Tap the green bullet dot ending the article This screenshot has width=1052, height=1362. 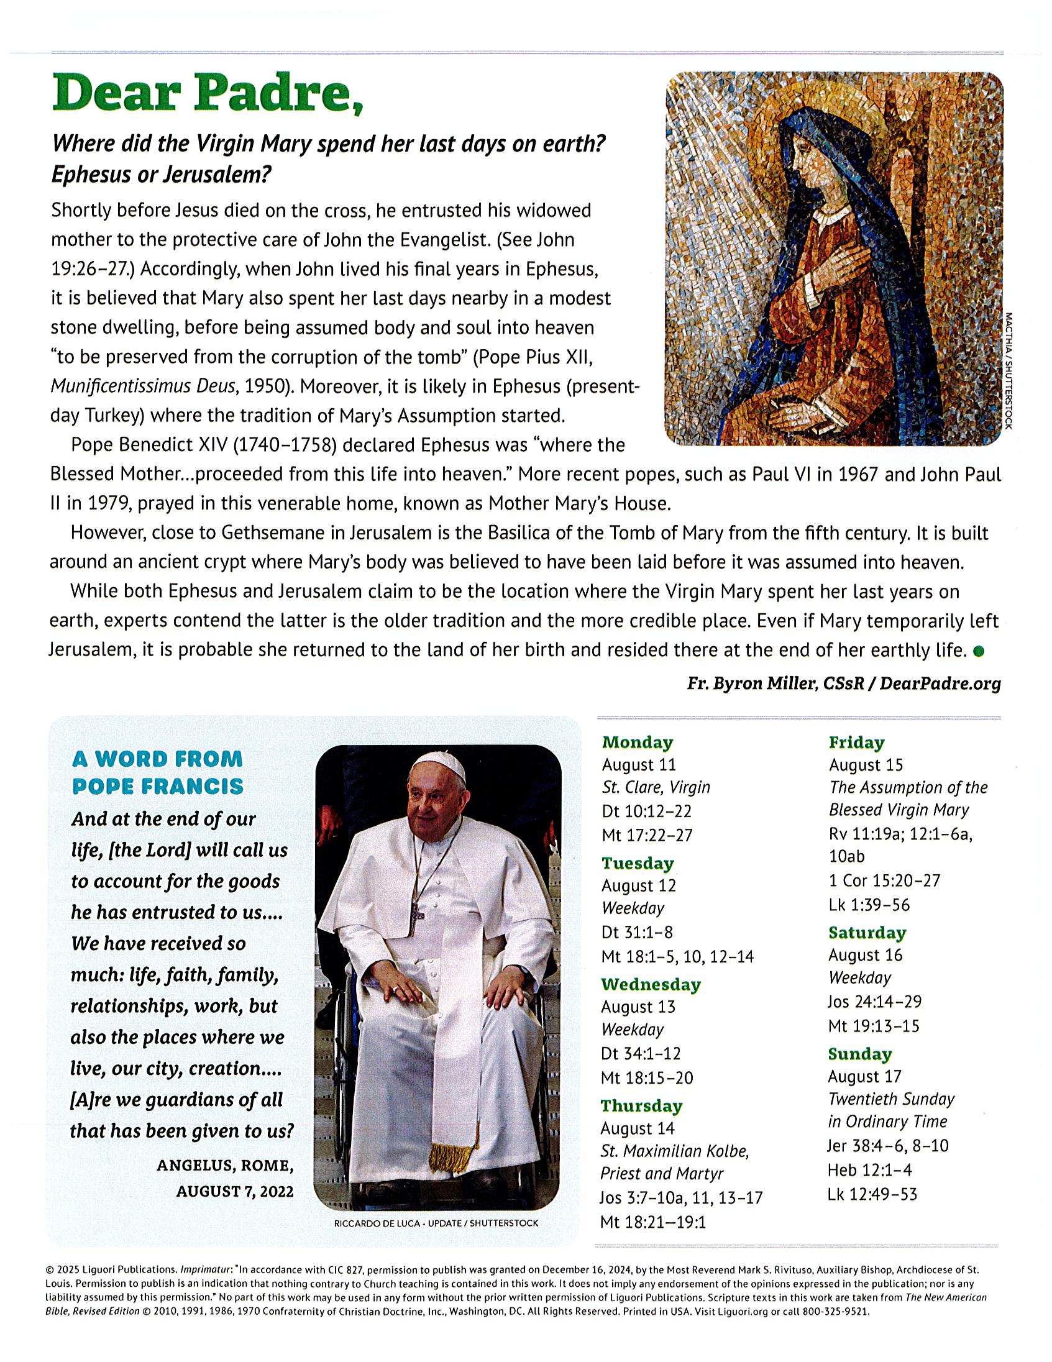coord(979,651)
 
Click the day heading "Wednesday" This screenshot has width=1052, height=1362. coord(651,985)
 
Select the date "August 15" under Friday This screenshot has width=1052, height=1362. coord(866,765)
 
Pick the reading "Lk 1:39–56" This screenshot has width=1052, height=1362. coord(869,904)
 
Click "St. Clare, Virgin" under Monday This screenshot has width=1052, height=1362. coord(656,788)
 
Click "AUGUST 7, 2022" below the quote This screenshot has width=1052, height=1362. coord(234,1191)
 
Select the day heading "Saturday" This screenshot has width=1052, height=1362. coord(867,933)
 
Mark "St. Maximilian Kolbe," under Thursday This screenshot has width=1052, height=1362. coord(674,1151)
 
